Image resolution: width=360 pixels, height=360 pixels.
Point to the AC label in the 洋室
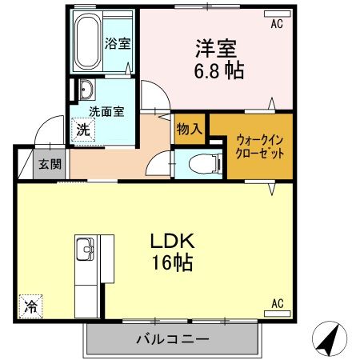(x=277, y=24)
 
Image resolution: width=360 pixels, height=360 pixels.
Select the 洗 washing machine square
(x=82, y=129)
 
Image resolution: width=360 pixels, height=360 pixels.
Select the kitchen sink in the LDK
(x=83, y=254)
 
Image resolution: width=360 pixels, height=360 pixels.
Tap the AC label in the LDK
(x=277, y=303)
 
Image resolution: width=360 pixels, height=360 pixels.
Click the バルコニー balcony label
(x=172, y=339)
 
